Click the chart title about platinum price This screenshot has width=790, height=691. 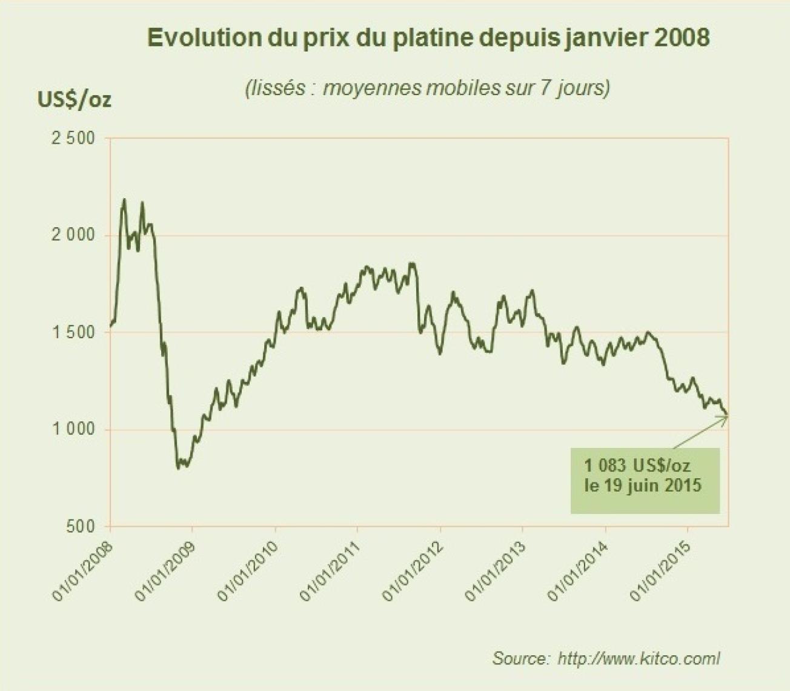tap(428, 38)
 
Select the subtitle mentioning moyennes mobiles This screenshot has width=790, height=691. tap(427, 88)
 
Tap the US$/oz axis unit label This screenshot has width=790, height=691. tap(74, 99)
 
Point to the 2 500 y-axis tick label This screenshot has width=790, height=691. tap(73, 138)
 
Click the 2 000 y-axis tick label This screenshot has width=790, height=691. tap(73, 235)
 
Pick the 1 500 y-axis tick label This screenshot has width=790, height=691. tap(73, 332)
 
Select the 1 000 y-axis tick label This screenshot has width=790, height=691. tap(73, 429)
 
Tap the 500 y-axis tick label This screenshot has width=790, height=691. tap(80, 526)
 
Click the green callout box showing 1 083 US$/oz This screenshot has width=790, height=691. tap(644, 480)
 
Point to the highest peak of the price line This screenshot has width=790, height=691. tap(124, 199)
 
